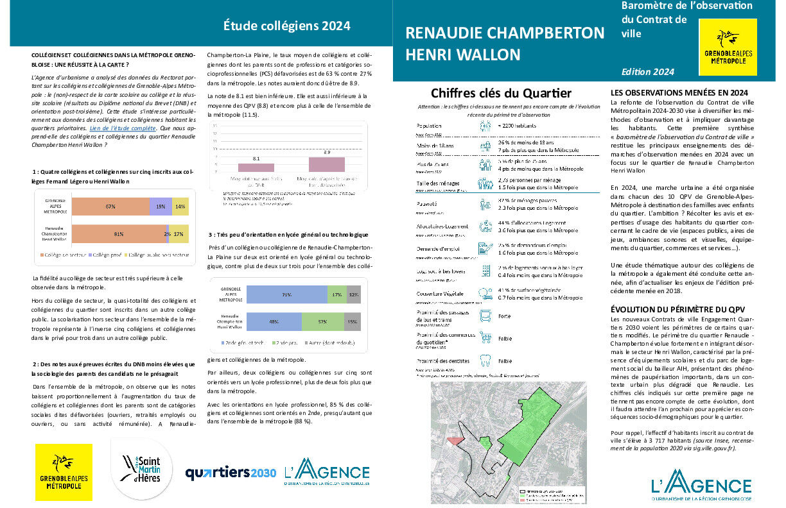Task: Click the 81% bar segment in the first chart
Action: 119,234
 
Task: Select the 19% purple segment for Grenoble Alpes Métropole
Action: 160,207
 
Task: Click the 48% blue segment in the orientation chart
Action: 273,321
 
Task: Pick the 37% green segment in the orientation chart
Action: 322,321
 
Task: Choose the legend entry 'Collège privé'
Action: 105,255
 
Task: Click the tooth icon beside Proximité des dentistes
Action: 485,361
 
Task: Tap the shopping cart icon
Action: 485,338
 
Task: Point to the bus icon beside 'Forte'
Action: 485,316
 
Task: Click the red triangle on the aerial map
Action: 454,440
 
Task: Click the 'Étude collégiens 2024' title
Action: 286,26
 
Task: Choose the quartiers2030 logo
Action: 231,473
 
